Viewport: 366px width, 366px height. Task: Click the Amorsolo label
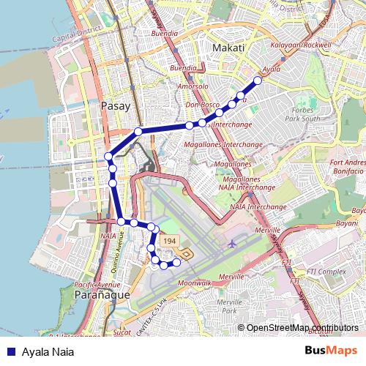(193, 86)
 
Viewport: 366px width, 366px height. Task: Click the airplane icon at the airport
(233, 244)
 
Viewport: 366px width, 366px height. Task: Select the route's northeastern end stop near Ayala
(258, 81)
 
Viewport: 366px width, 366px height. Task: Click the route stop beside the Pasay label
(138, 132)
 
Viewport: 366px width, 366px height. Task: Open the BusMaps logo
(332, 350)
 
